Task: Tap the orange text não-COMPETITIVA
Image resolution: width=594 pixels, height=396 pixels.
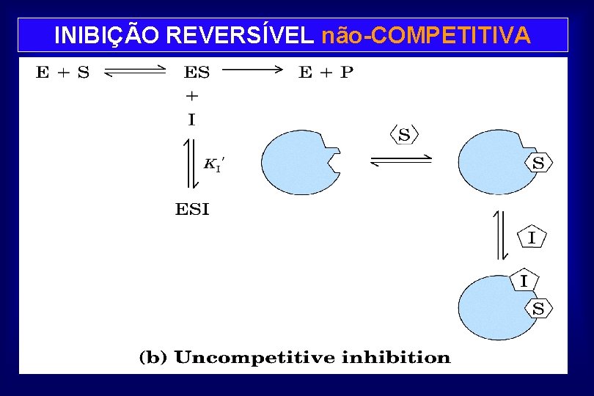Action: click(426, 35)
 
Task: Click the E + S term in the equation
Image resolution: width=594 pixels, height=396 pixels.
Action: click(63, 72)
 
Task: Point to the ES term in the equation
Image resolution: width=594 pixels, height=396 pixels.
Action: click(196, 72)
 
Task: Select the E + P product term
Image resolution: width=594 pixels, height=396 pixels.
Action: click(326, 72)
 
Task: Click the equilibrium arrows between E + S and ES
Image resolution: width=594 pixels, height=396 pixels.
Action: click(136, 72)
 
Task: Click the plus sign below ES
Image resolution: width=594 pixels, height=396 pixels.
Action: click(191, 95)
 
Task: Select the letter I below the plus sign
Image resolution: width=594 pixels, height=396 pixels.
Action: click(191, 119)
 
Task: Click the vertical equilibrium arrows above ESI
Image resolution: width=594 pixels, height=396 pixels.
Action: click(189, 164)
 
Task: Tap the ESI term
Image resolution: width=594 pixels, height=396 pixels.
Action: click(192, 210)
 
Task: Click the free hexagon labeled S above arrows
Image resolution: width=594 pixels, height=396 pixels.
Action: click(404, 135)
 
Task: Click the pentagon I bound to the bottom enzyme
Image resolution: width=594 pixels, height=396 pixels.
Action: click(524, 280)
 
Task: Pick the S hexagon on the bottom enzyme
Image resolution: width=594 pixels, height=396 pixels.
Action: click(538, 309)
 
